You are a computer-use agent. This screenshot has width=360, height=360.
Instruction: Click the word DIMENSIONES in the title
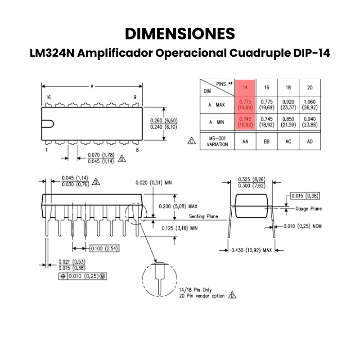(180, 34)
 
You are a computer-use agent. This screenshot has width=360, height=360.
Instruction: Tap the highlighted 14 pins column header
(245, 87)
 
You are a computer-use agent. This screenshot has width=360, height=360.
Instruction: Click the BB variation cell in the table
(266, 141)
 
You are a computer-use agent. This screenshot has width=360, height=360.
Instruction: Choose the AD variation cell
(310, 141)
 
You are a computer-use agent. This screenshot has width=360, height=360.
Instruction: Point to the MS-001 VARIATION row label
(217, 141)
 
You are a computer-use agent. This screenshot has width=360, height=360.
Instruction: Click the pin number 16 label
(48, 97)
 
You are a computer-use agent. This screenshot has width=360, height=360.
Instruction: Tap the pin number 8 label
(137, 150)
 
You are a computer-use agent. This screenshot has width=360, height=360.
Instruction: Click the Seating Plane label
(203, 216)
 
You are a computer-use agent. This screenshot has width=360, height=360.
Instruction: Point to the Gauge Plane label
(308, 209)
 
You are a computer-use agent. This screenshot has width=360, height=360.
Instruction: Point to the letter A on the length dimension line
(92, 86)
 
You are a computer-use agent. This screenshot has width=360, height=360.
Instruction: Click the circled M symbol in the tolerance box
(103, 276)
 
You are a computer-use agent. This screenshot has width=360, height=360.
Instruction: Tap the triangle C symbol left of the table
(192, 141)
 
